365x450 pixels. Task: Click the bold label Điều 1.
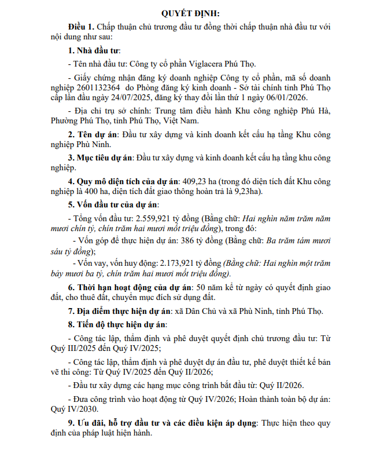pyautogui.click(x=80, y=27)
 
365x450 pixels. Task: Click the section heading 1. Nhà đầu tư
pyautogui.click(x=94, y=50)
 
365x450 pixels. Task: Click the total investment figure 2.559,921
pyautogui.click(x=155, y=219)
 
